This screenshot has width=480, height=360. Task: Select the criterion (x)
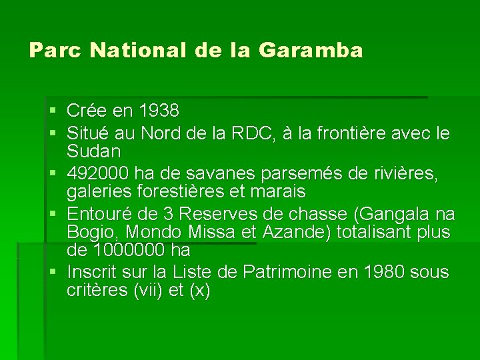[x=197, y=291]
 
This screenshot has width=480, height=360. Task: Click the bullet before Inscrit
[x=53, y=273]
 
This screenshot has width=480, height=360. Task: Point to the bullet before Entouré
[x=53, y=215]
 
